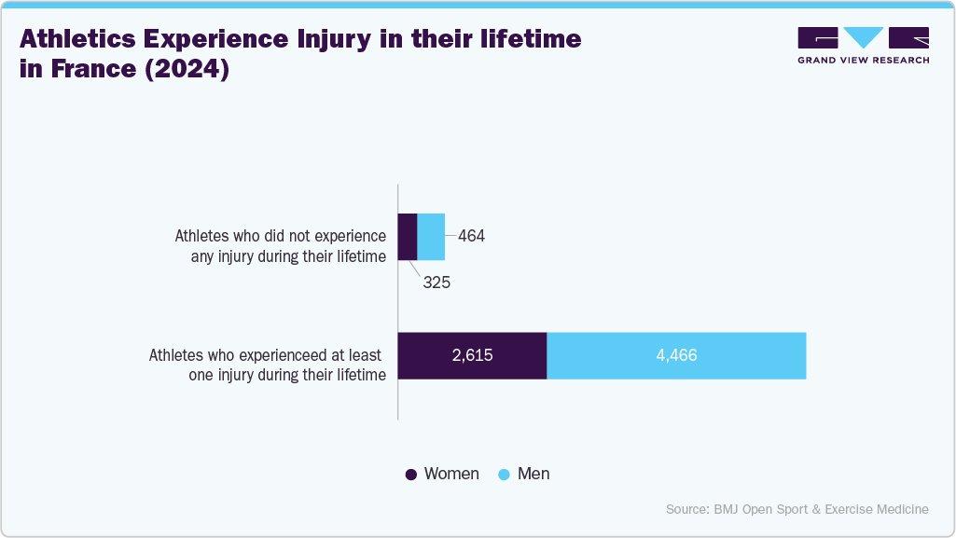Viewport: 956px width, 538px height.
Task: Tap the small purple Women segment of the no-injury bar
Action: point(408,237)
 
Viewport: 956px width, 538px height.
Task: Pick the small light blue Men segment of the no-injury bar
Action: point(431,237)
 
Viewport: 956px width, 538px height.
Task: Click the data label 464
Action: point(471,237)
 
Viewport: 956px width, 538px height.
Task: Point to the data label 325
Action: point(436,282)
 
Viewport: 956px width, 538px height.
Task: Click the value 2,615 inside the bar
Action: point(472,355)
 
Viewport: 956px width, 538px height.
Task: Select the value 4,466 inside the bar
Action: point(676,355)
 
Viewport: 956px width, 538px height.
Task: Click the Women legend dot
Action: point(410,475)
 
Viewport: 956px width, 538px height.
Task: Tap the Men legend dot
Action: point(504,475)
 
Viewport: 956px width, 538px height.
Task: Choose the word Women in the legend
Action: point(451,474)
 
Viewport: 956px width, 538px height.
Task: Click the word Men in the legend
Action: point(533,474)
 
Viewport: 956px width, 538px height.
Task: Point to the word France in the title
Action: point(90,70)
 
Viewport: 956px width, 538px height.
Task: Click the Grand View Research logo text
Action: point(863,60)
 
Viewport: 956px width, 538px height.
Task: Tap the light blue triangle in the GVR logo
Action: point(863,37)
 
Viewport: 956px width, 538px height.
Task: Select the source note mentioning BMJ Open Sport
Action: point(797,509)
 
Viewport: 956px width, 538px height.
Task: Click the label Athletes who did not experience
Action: point(280,237)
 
